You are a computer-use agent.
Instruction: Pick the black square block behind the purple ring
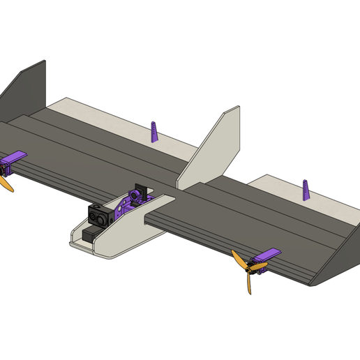140,190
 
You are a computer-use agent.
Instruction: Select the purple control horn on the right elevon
305,189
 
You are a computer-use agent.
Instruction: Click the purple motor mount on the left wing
13,163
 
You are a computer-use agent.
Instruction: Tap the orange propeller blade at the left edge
5,183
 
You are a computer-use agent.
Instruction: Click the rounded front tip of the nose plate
72,243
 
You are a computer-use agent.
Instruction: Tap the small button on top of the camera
96,207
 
